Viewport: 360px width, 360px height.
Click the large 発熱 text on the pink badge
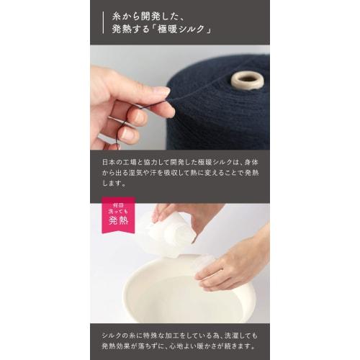tap(118, 220)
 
